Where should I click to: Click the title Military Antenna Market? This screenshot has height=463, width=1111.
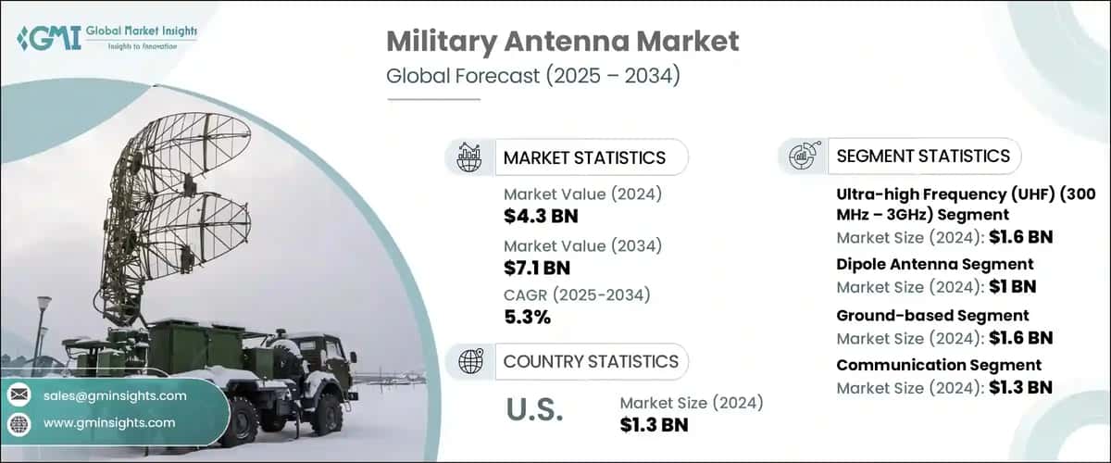[561, 41]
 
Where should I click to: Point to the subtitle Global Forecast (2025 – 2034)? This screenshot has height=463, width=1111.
[533, 76]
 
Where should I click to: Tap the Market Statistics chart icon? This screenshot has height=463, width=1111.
[469, 157]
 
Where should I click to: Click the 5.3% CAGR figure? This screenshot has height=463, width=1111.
[527, 317]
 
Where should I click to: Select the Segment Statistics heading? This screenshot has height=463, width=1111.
[923, 156]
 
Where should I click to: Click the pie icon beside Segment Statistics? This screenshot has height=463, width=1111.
[802, 156]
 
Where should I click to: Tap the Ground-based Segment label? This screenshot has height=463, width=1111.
[932, 317]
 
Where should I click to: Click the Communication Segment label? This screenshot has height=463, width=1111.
[939, 365]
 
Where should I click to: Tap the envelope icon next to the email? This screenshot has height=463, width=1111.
[18, 396]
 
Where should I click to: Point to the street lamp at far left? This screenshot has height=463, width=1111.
[44, 315]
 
